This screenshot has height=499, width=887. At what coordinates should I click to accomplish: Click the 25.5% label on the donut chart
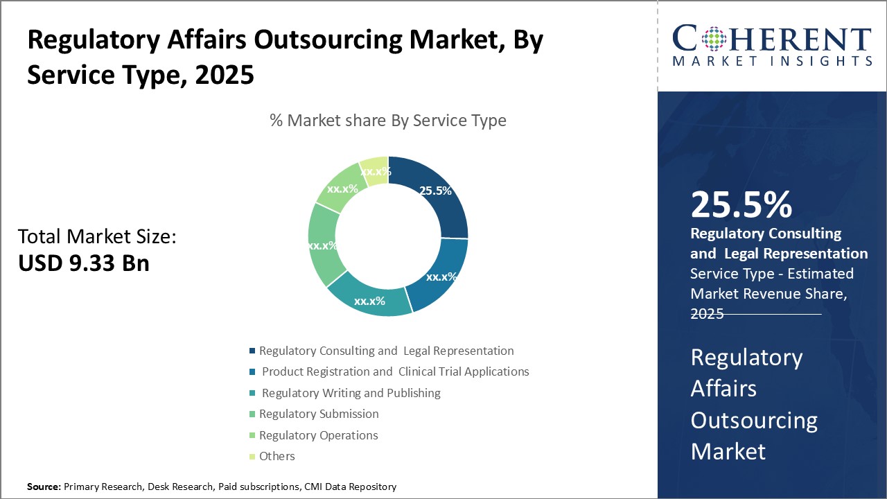(436, 191)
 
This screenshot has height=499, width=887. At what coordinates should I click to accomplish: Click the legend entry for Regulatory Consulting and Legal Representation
(386, 351)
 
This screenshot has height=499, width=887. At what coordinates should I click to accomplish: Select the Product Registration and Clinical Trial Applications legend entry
(395, 371)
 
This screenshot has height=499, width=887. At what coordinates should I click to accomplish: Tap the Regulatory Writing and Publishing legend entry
(351, 393)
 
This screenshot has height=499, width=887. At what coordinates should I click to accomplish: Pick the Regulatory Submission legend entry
(319, 414)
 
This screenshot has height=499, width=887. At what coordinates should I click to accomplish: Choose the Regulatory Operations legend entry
(318, 435)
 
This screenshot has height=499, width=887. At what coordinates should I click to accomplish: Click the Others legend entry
(276, 456)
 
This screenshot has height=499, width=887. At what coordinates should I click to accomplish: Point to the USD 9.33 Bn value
(83, 263)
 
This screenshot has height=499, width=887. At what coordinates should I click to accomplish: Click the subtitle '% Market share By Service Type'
(388, 121)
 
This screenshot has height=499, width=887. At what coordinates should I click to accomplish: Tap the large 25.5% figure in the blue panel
(741, 204)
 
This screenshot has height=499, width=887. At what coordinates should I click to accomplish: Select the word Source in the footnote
(44, 487)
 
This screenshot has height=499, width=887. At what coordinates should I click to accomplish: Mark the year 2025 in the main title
(225, 75)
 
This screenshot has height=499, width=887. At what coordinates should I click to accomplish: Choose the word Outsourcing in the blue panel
(754, 420)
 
